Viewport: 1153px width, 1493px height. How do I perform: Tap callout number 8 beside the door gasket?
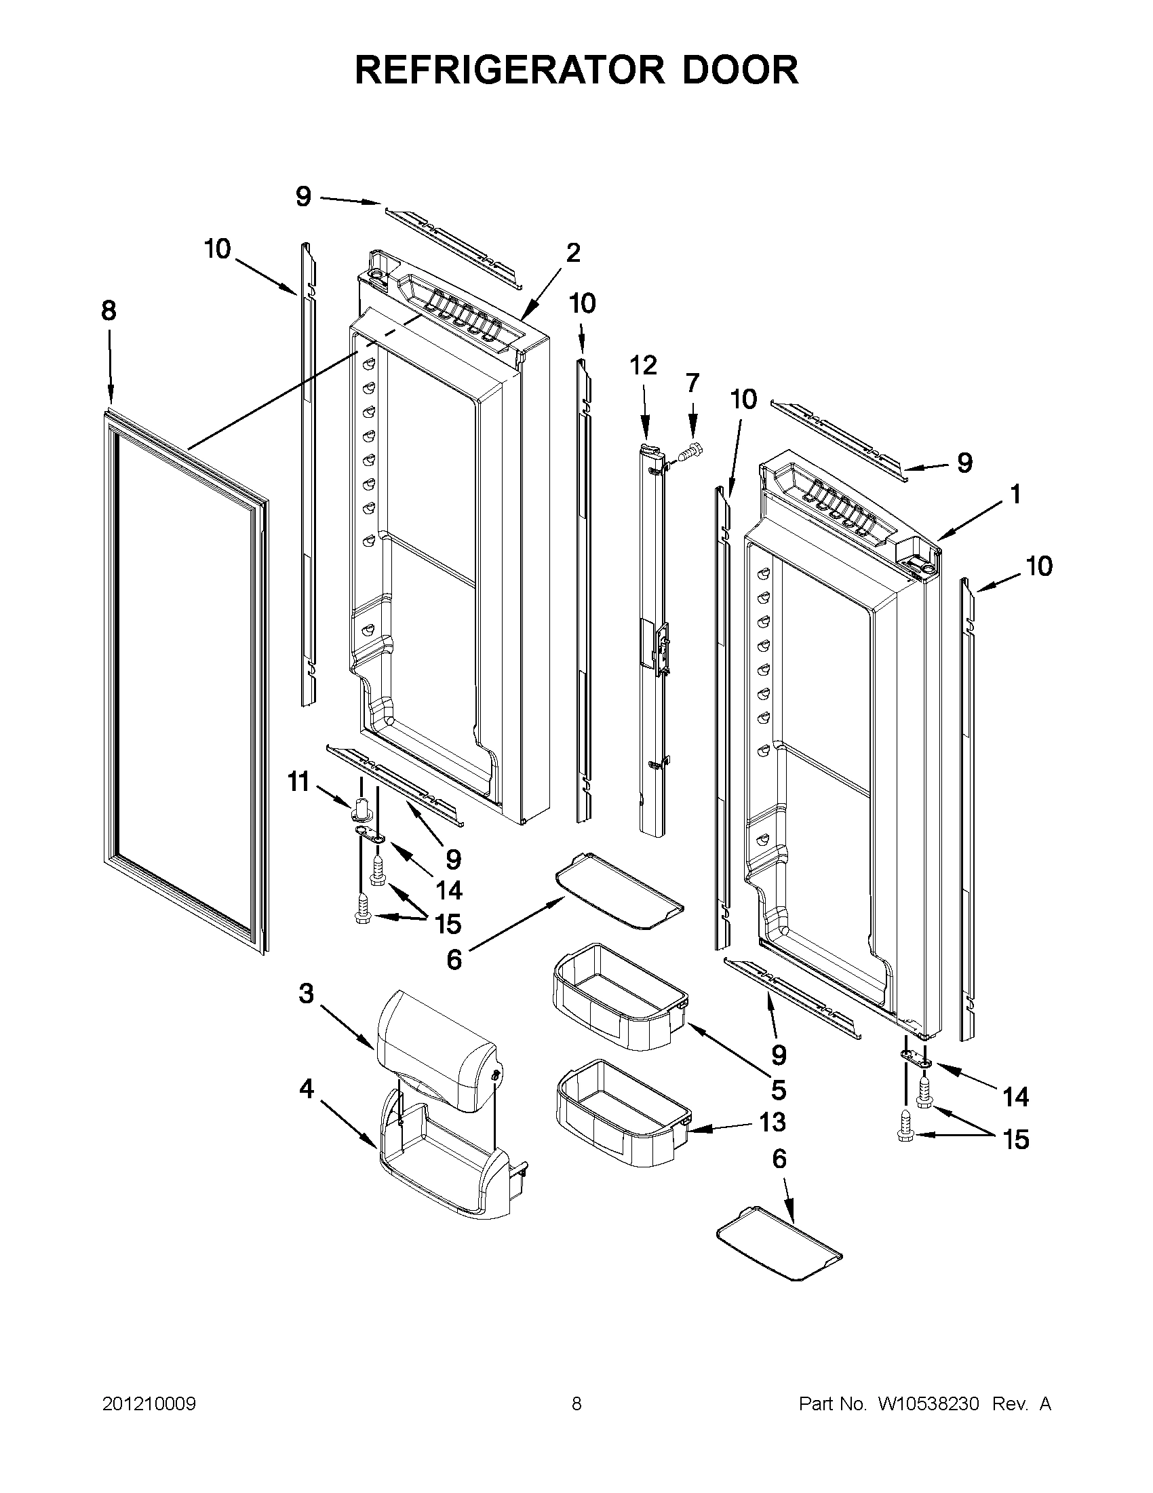109,312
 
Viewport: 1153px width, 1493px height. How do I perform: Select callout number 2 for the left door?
573,253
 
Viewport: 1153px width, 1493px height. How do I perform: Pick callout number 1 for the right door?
1015,494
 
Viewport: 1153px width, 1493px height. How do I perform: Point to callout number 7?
692,383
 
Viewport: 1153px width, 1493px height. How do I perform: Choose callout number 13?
772,1122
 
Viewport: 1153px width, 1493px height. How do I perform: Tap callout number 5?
779,1089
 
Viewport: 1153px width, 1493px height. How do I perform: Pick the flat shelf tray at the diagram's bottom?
779,1249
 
